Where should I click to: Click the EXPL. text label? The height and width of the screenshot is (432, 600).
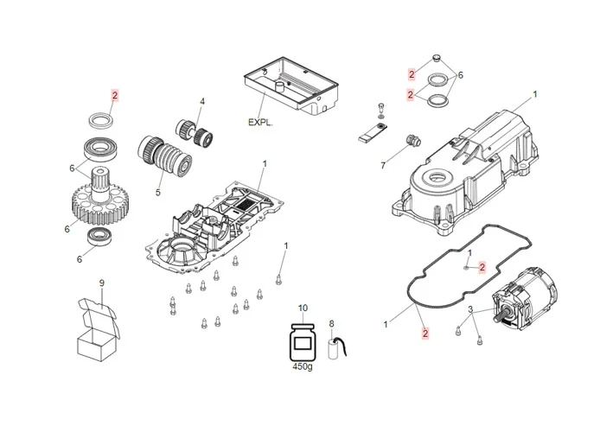click(x=260, y=123)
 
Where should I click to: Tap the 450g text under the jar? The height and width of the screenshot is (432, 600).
click(x=303, y=365)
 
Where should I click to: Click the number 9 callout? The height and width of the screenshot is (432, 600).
click(x=101, y=283)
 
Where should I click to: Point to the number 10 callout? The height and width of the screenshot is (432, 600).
click(x=303, y=308)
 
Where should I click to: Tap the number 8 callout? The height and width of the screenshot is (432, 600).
click(x=330, y=324)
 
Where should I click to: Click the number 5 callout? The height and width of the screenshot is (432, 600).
click(x=158, y=192)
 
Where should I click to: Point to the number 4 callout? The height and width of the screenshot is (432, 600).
click(x=201, y=101)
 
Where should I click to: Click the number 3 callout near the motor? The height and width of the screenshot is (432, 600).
click(x=469, y=309)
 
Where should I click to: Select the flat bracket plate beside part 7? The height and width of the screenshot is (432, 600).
click(x=371, y=135)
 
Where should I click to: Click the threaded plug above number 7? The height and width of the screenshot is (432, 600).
click(x=412, y=141)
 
